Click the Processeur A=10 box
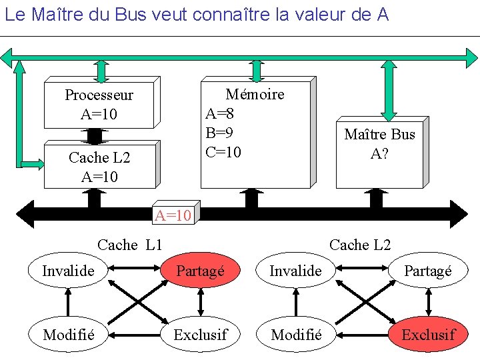(99, 104)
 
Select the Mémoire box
(256, 133)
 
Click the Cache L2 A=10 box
(99, 166)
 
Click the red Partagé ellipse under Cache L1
(200, 271)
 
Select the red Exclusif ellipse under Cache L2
(428, 335)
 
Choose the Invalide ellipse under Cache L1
(68, 271)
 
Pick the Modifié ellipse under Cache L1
(68, 335)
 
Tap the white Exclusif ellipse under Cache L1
(200, 335)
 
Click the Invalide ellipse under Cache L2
(295, 271)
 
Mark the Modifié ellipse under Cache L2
(295, 335)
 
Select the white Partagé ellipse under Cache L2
(428, 271)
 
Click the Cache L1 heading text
(129, 245)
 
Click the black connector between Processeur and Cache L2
(95, 135)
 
